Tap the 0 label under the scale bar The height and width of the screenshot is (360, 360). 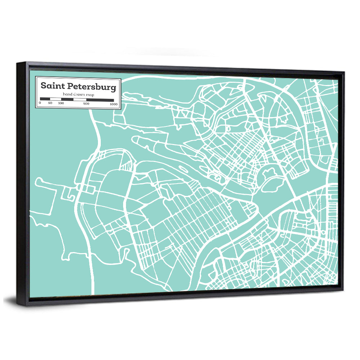coord(40,103)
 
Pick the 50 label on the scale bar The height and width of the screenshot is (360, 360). coord(50,103)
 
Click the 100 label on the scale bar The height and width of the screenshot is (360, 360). coord(61,103)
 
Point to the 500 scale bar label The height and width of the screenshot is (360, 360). coord(86,104)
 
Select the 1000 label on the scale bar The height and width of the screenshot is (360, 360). coord(114,104)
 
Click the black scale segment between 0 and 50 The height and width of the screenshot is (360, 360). coord(45,99)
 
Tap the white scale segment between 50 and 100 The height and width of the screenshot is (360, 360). coord(55,99)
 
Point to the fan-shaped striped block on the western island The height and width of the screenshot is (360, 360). coord(126,162)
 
